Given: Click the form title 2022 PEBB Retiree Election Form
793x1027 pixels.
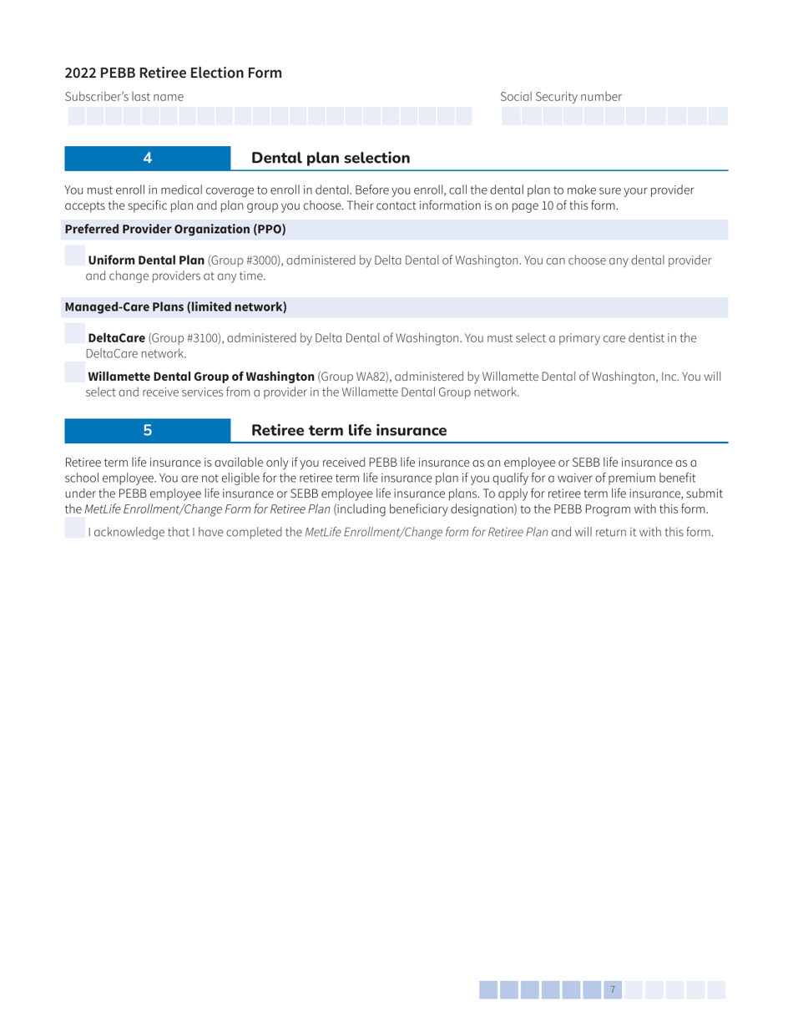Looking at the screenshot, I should pos(174,73).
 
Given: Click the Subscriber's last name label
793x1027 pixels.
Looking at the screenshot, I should pos(124,97).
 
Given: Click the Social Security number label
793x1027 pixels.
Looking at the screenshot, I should pos(561,97).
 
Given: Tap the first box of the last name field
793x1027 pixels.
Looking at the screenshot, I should pos(75,116).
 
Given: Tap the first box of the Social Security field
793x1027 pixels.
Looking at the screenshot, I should pos(511,116).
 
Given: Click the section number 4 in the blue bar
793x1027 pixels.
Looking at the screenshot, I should pos(147,158).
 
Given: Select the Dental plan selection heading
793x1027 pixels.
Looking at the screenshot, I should pos(331,158).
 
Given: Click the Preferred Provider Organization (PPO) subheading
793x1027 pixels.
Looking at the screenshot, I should pos(175,227).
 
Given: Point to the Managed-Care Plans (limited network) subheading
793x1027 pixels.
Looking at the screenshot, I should pos(175,307).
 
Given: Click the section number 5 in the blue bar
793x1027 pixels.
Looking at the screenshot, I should pos(147,431).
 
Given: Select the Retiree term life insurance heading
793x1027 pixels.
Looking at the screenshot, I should pos(349,431).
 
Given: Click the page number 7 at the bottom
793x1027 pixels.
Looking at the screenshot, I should pos(613,990).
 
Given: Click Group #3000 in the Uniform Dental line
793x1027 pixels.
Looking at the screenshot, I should pos(247,261).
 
